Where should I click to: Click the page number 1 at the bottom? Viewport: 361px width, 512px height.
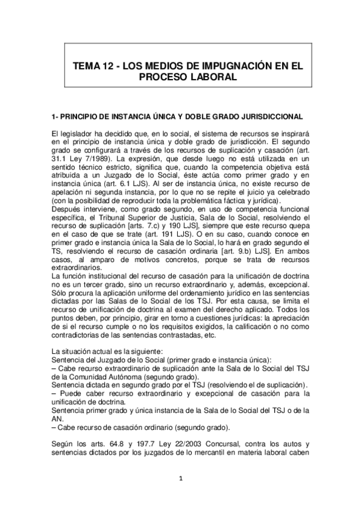tap(180, 480)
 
